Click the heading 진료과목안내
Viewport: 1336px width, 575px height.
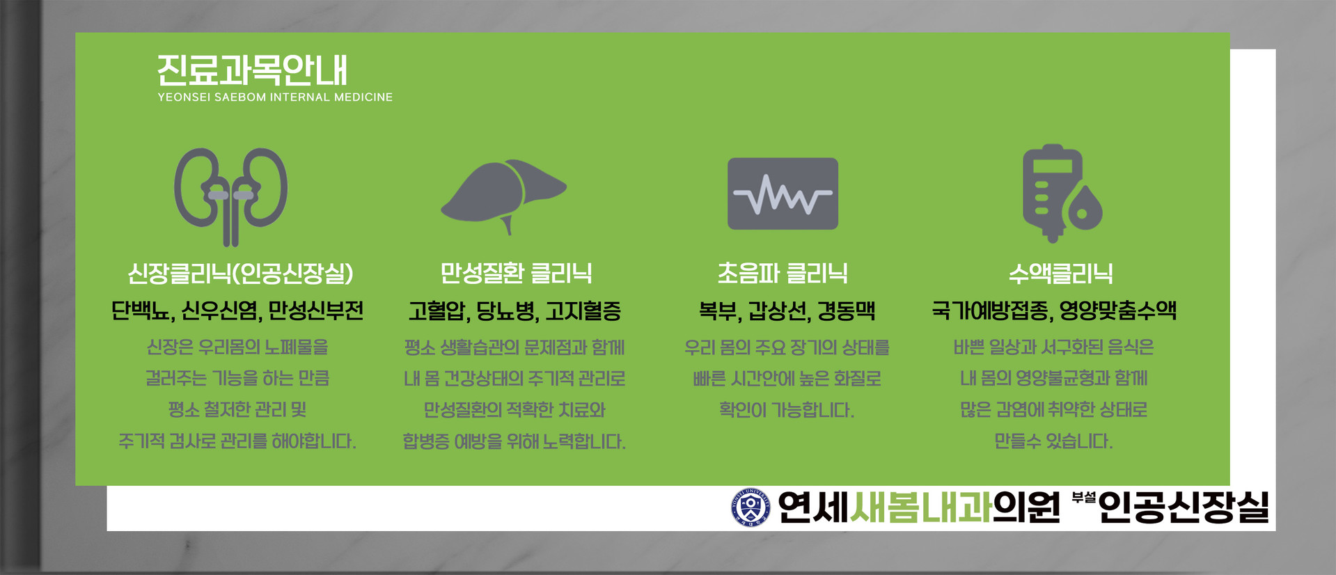point(252,70)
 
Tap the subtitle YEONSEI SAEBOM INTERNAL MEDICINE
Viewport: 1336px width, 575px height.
point(275,97)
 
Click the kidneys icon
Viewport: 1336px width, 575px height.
point(230,196)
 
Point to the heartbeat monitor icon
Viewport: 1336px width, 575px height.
point(783,194)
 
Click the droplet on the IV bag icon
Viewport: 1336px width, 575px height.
point(1083,207)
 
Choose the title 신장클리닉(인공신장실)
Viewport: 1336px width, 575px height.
point(240,273)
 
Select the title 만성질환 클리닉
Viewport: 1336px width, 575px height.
point(516,273)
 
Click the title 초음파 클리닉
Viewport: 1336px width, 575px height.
point(783,273)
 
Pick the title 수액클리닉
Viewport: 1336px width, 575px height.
point(1061,273)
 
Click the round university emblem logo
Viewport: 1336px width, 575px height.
point(750,507)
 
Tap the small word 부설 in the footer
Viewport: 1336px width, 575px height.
point(1084,498)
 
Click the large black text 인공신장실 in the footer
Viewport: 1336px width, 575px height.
point(1184,507)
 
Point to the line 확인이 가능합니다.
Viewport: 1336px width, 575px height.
point(786,409)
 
